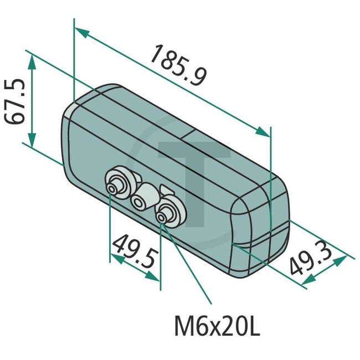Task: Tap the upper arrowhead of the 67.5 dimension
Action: click(32, 60)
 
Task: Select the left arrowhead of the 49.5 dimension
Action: click(115, 257)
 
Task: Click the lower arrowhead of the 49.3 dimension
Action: click(306, 282)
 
